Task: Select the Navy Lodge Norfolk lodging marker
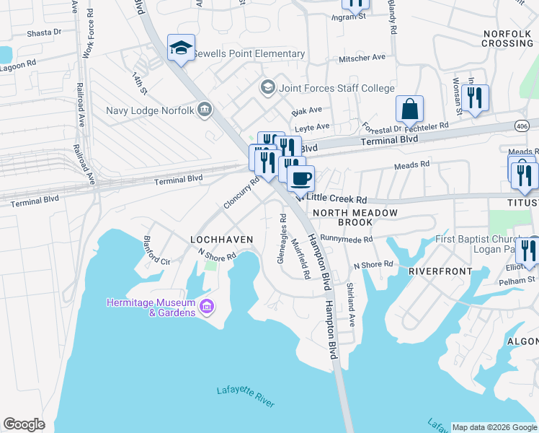coord(205,110)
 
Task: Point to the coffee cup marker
coord(300,177)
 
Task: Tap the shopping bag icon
coord(409,110)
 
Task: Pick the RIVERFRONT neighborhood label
coord(439,271)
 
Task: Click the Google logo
coord(24,424)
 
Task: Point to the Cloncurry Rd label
coord(241,194)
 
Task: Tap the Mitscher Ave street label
coord(362,57)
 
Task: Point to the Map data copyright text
coord(494,427)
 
